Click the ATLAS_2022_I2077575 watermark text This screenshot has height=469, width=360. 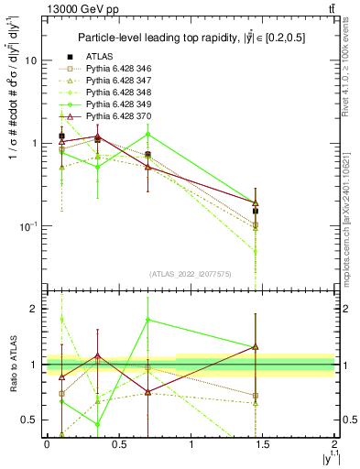(x=191, y=274)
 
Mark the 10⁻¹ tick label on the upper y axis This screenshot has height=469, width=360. (x=28, y=225)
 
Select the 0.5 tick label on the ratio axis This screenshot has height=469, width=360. (x=30, y=420)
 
